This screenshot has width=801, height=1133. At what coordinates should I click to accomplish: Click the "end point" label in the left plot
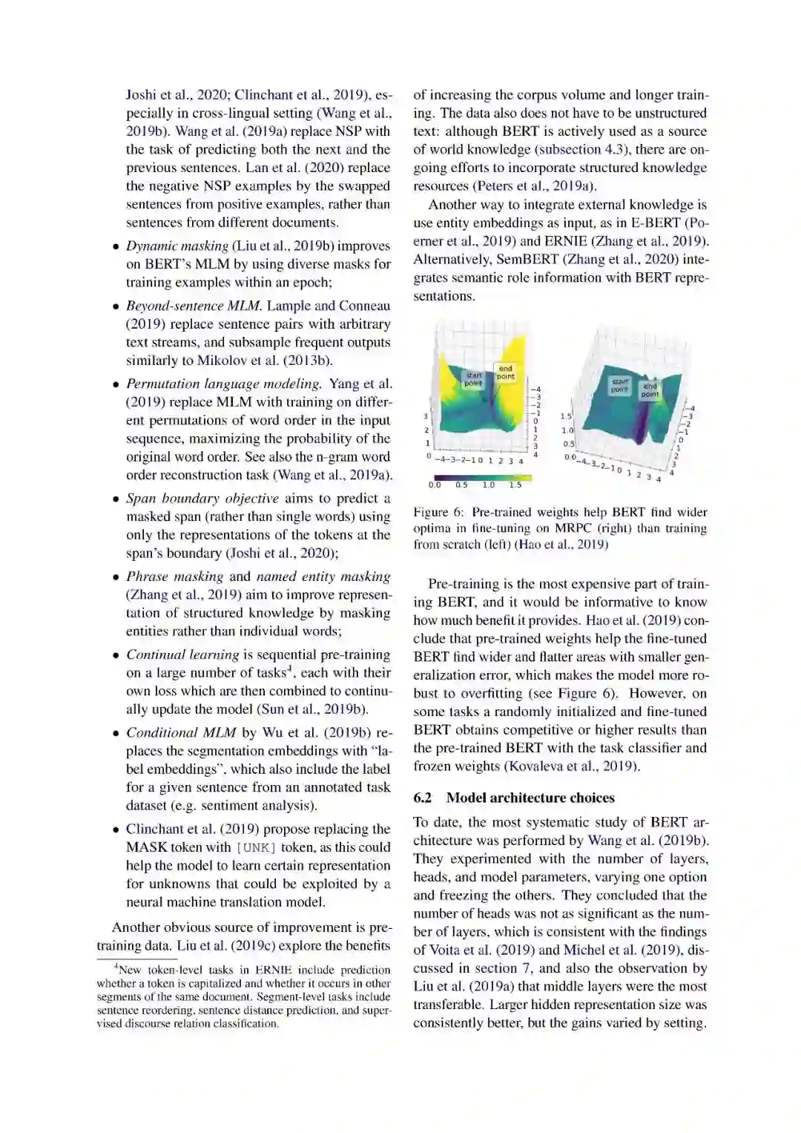pos(505,372)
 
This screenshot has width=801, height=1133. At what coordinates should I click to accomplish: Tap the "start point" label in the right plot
pos(619,385)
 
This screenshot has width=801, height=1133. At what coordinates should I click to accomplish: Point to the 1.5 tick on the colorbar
pos(515,485)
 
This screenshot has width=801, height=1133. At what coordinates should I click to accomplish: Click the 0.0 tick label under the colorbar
pos(434,485)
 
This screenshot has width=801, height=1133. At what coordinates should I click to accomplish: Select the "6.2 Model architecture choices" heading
pos(514,798)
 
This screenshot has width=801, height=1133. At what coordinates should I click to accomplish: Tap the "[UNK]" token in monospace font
pos(255,847)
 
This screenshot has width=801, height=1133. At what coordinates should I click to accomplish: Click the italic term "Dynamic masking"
pos(177,246)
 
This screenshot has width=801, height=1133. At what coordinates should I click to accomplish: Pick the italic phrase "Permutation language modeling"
pos(223,384)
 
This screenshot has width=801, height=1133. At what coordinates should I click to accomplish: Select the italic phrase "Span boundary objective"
pos(202,499)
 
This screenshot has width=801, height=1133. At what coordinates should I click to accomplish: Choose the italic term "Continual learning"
pos(182,654)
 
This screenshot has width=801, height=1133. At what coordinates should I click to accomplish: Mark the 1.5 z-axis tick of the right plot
pos(566,417)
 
